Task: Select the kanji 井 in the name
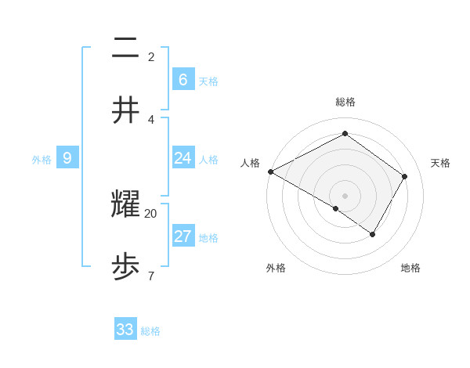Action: click(125, 111)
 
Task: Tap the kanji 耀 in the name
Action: click(125, 205)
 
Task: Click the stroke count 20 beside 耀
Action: click(151, 213)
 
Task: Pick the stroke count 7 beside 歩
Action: click(150, 276)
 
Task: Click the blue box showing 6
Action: click(183, 80)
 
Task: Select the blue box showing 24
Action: click(183, 159)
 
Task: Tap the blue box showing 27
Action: click(183, 237)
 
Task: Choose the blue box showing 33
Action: click(125, 330)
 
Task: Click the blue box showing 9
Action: click(67, 159)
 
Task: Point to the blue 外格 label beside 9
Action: click(42, 160)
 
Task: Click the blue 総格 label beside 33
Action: click(150, 331)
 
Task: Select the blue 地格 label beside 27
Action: click(208, 238)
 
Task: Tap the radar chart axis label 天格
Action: click(440, 163)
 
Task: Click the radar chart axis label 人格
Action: click(251, 163)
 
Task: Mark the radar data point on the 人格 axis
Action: click(270, 171)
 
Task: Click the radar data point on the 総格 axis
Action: click(345, 134)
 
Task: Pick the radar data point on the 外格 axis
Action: click(336, 208)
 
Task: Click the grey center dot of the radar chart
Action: click(345, 195)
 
